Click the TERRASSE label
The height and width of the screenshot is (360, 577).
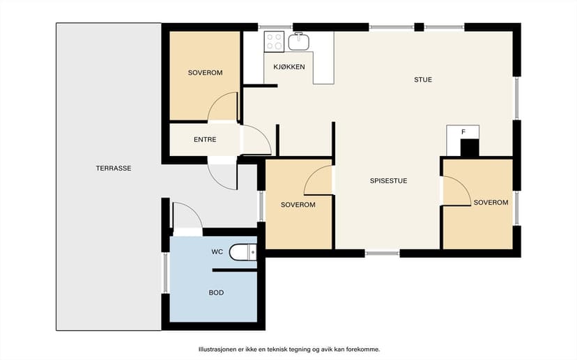[114, 169]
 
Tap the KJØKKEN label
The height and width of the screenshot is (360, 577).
[289, 67]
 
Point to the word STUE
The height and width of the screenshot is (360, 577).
[423, 79]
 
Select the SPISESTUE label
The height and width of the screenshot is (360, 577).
[388, 181]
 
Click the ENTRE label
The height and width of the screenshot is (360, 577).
[205, 140]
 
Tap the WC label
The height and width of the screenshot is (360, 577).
[217, 252]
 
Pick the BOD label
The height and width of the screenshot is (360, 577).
[216, 292]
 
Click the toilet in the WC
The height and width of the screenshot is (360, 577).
[243, 252]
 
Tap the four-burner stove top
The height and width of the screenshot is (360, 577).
[274, 41]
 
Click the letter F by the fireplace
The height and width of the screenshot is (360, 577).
[463, 132]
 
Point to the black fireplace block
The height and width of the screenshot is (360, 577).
[470, 148]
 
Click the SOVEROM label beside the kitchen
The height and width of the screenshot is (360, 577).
[205, 73]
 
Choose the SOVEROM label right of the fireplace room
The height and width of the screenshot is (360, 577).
[491, 203]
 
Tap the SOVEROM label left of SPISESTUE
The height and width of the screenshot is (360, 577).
[298, 205]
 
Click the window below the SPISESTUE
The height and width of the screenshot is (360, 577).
[383, 253]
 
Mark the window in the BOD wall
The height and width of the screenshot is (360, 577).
[165, 273]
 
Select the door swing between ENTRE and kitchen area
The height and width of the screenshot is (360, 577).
[256, 140]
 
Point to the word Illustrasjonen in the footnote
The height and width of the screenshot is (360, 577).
[216, 350]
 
